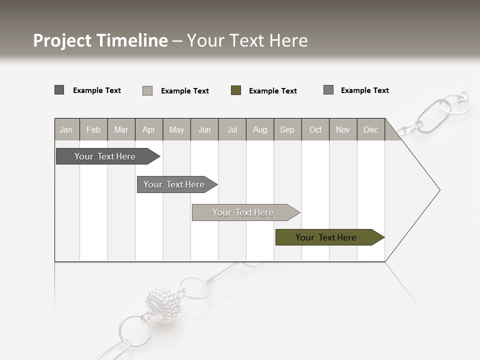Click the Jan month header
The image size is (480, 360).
tap(66, 129)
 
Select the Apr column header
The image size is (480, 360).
tap(148, 129)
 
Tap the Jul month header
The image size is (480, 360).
tap(232, 129)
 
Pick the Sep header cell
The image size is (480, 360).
tap(287, 129)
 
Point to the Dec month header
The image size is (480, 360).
tap(370, 129)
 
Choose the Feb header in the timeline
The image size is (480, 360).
tap(93, 129)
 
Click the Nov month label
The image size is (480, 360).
tap(342, 129)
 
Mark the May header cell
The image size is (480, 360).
tap(176, 129)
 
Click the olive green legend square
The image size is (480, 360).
tap(236, 90)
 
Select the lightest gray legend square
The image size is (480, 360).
tap(147, 90)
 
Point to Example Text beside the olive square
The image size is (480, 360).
tap(272, 91)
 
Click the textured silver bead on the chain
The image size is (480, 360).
tap(163, 304)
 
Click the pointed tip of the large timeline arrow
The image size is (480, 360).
tap(439, 190)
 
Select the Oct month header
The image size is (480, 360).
tap(315, 129)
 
